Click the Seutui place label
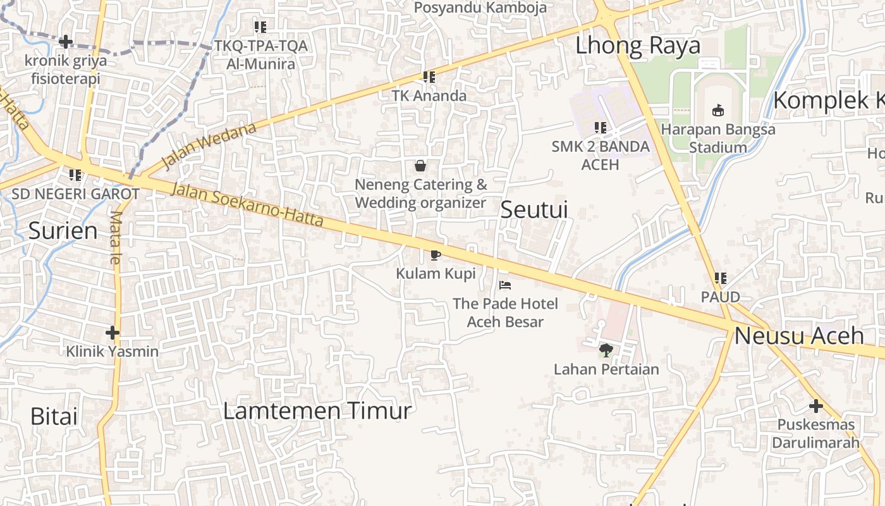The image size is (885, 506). [534, 210]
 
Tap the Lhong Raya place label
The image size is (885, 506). [638, 46]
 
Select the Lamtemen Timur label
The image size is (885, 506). [317, 411]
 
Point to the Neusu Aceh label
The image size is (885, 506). [799, 336]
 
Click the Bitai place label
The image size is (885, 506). [54, 416]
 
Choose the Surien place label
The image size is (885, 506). [63, 231]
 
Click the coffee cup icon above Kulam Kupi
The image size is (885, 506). [435, 255]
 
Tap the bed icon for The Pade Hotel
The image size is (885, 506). [504, 285]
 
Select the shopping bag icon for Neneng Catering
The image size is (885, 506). [420, 166]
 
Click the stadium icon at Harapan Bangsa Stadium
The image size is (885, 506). [718, 111]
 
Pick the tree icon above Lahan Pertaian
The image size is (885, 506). [606, 350]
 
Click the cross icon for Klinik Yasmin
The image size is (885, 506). [113, 332]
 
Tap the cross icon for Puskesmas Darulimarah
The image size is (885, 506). [815, 405]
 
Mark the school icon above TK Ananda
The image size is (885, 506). [429, 77]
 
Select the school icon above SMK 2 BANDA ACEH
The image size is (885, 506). [600, 128]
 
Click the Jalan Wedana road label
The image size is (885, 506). [209, 146]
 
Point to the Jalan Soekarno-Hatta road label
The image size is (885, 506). [248, 205]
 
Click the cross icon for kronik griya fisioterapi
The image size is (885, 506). [65, 42]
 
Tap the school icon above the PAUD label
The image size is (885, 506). [720, 278]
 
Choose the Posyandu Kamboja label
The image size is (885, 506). [480, 8]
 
